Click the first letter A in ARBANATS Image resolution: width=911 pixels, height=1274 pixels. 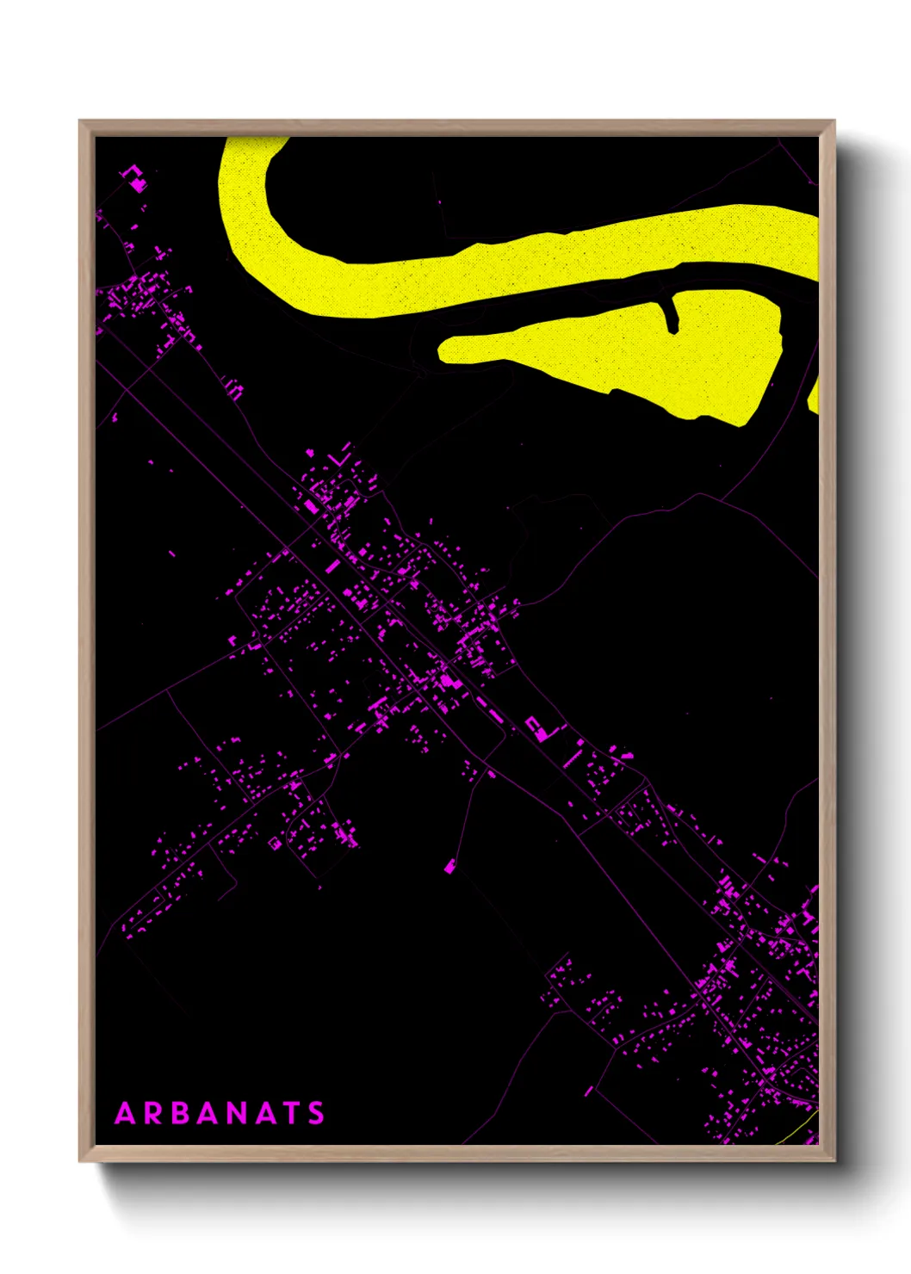[126, 1114]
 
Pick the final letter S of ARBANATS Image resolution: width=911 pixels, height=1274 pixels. [317, 1114]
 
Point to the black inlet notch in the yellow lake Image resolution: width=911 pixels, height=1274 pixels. [670, 314]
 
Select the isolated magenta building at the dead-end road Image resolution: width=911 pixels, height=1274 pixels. [449, 866]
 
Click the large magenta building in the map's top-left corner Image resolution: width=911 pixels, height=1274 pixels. [136, 182]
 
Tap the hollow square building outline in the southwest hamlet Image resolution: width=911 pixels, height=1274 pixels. [275, 844]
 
